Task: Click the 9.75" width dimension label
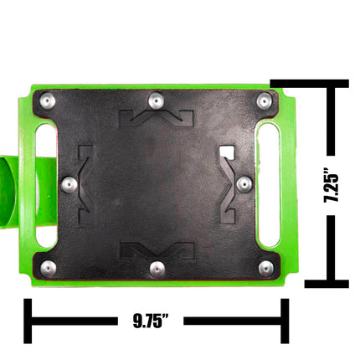[x=151, y=321]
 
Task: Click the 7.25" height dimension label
[x=331, y=185]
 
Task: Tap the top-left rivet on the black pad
[x=47, y=101]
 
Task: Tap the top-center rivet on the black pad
[x=156, y=100]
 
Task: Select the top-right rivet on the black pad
[x=264, y=100]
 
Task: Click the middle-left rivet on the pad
[x=69, y=184]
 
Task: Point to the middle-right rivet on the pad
[x=244, y=184]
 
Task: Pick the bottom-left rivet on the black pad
[x=49, y=269]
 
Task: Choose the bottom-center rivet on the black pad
[x=157, y=270]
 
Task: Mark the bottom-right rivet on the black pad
[x=265, y=269]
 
